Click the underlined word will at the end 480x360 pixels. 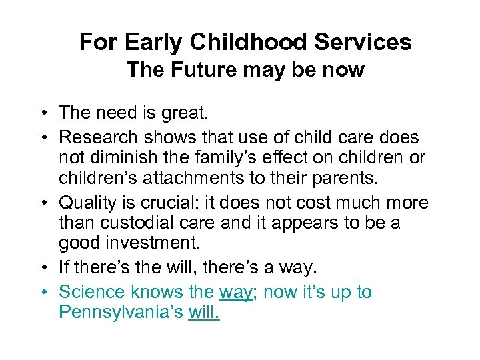tap(203, 312)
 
